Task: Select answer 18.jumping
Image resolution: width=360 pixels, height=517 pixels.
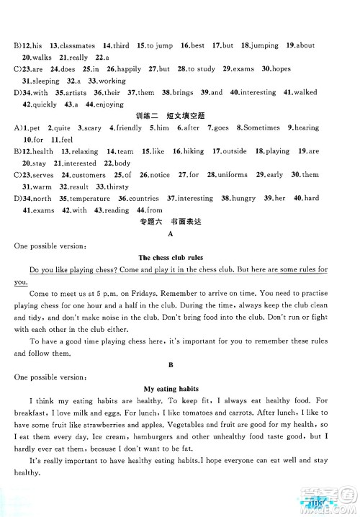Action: pyautogui.click(x=260, y=45)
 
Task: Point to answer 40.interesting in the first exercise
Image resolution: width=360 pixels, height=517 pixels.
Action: pyautogui.click(x=256, y=93)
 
